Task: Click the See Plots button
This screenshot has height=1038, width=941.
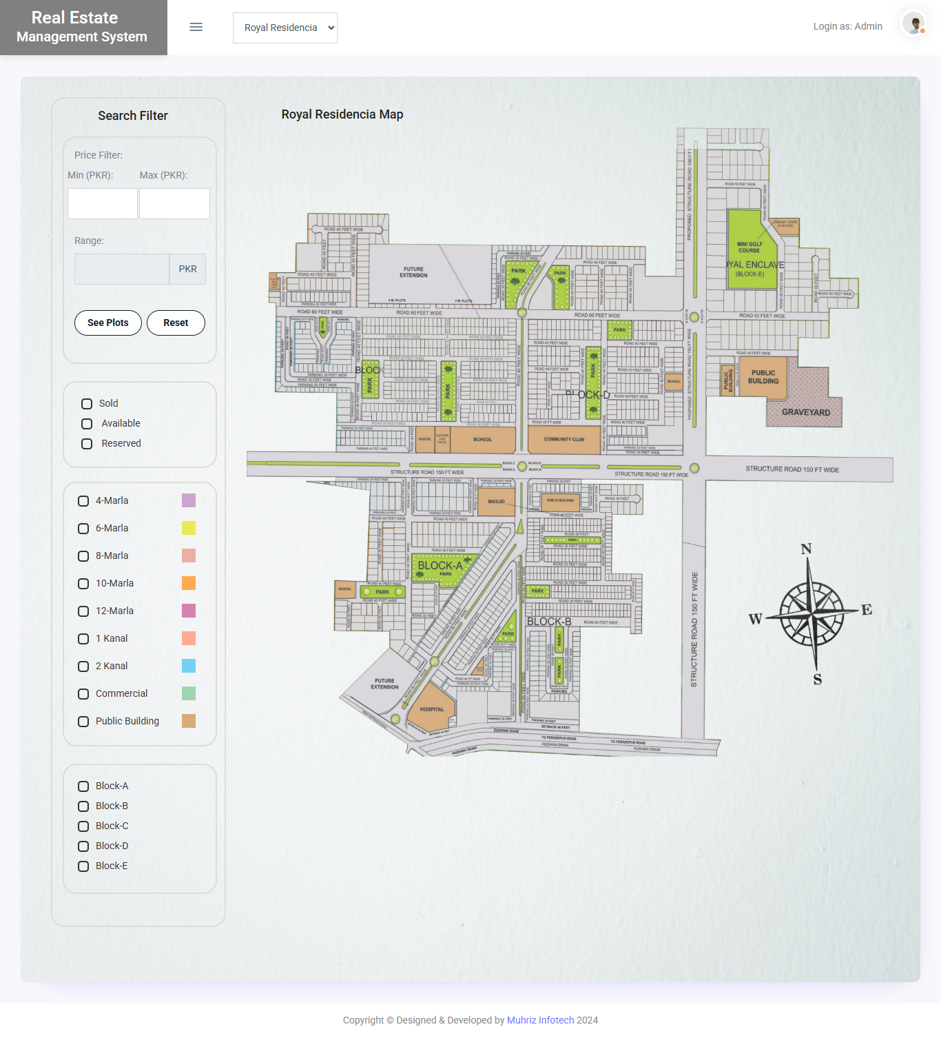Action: point(108,323)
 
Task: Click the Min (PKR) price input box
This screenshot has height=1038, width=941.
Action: point(103,204)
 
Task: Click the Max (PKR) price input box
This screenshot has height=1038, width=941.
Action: point(174,204)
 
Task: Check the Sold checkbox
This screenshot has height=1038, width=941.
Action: point(87,404)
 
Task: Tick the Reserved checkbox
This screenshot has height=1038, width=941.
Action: point(87,444)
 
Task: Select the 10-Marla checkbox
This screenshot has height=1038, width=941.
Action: point(83,584)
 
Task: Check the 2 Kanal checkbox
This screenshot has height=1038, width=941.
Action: point(83,666)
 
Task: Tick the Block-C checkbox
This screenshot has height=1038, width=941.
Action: point(83,826)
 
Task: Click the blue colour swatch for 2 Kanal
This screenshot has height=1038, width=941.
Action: point(189,666)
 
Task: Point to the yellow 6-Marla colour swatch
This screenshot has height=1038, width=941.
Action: point(189,528)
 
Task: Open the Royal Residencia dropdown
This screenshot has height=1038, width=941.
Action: point(285,28)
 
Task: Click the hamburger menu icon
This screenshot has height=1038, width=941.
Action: point(196,27)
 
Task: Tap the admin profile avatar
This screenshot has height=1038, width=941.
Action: point(914,23)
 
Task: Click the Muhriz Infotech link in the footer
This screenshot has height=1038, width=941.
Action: point(540,1020)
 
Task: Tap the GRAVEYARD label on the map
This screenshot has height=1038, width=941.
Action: point(806,412)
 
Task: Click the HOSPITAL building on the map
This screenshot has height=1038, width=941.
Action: point(432,709)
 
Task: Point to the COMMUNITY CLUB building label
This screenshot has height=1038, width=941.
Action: point(563,439)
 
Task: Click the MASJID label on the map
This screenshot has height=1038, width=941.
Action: point(496,502)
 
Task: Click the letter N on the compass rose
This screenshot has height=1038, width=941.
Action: point(806,549)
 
